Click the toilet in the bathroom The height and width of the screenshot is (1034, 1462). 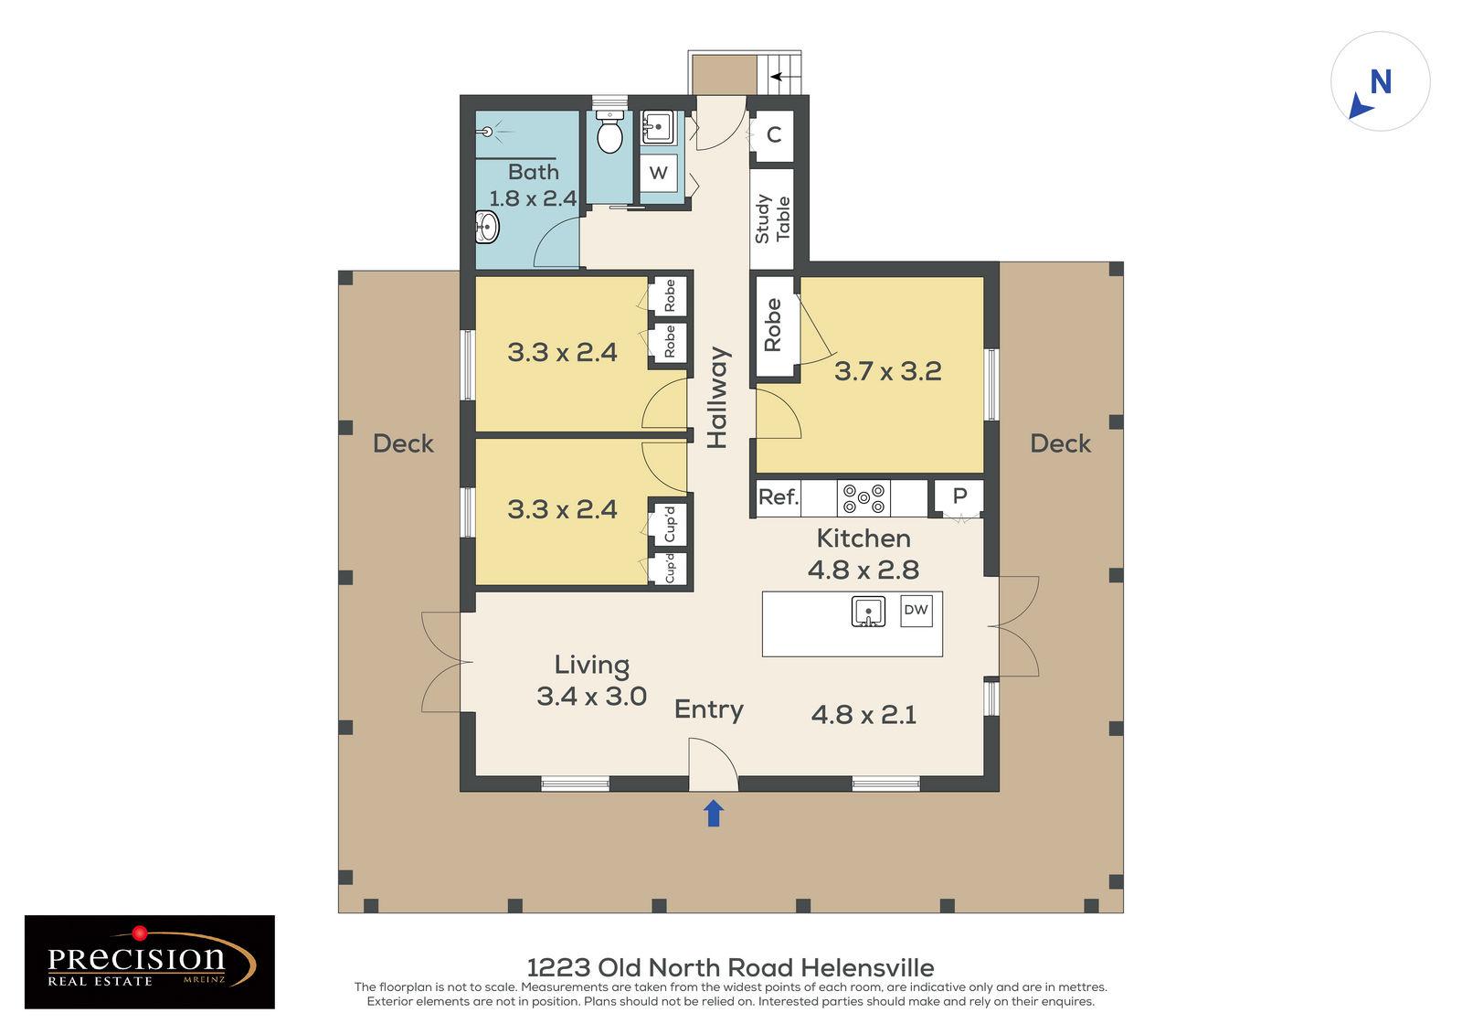(x=609, y=134)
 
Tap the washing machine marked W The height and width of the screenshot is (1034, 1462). (x=658, y=173)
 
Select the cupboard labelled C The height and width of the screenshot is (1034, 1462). (x=773, y=135)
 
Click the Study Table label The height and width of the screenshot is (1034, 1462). (x=772, y=219)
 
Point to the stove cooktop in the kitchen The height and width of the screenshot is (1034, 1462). (x=863, y=497)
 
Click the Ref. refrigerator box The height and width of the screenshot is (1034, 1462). (x=779, y=497)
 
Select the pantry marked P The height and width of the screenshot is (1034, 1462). (x=959, y=496)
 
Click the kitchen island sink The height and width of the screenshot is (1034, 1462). (x=868, y=611)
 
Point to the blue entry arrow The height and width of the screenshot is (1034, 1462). (x=714, y=813)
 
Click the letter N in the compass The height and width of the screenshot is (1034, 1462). (x=1381, y=82)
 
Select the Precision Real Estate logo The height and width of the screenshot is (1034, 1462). (x=149, y=962)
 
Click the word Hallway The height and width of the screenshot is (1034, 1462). (x=718, y=397)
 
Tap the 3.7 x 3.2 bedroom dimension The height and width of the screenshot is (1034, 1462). (x=887, y=371)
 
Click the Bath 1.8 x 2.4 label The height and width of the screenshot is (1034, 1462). (x=533, y=185)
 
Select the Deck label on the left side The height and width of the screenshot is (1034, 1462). (x=403, y=443)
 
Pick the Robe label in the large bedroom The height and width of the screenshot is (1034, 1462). (x=773, y=325)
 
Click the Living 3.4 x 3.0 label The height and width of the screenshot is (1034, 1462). (x=591, y=680)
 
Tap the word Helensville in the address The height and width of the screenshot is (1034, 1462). (x=867, y=966)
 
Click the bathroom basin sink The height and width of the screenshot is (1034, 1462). (x=487, y=226)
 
